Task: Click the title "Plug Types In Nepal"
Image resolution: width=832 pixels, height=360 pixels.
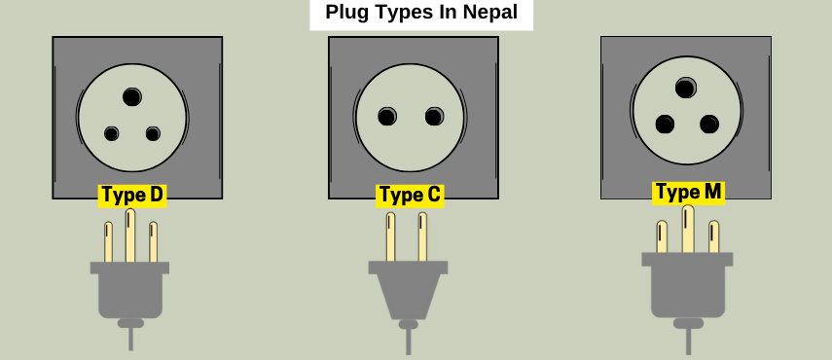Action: click(x=420, y=14)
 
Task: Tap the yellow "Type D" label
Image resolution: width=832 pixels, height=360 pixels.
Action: click(x=132, y=195)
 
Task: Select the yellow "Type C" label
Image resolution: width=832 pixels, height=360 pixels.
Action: click(x=410, y=195)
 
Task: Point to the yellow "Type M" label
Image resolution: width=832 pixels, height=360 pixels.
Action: click(x=688, y=192)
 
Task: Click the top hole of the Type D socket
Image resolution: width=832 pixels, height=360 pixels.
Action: click(x=132, y=96)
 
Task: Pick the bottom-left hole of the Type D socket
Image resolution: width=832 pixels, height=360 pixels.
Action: click(x=112, y=133)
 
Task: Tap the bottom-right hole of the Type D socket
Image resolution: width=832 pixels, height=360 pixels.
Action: click(x=153, y=133)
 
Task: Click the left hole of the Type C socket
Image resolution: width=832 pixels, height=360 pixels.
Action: click(x=387, y=118)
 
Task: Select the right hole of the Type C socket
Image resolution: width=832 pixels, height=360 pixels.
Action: click(x=434, y=118)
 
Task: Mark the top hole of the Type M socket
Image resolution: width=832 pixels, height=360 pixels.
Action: click(x=685, y=89)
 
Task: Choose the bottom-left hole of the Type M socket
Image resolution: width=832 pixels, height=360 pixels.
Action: click(x=665, y=125)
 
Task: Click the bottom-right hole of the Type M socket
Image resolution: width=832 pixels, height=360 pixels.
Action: click(x=709, y=125)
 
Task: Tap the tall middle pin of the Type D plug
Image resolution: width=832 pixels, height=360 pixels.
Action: click(x=130, y=235)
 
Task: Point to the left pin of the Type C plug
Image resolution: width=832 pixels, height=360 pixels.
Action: click(x=390, y=237)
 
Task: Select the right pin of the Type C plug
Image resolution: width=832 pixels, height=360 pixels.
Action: click(x=422, y=237)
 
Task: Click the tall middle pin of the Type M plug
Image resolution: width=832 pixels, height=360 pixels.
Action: click(x=688, y=230)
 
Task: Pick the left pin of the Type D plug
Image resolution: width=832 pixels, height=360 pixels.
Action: click(x=109, y=242)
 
